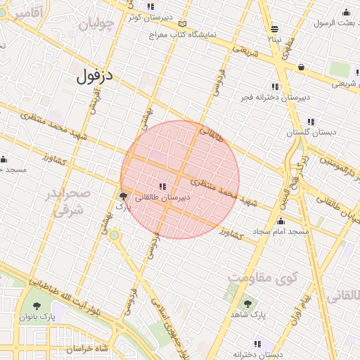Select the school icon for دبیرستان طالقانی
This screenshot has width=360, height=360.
pos(162,186)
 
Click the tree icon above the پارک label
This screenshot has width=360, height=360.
pos(124,196)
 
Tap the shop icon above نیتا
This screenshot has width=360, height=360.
pos(274,29)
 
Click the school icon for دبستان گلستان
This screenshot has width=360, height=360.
pos(311,121)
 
